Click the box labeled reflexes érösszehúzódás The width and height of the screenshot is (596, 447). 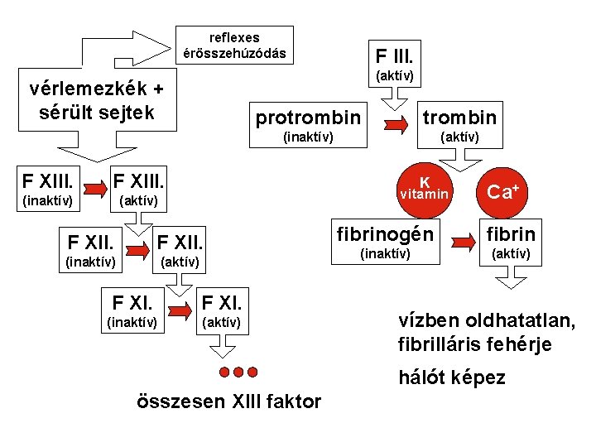pos(235,46)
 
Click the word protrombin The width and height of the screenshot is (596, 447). pos(308,118)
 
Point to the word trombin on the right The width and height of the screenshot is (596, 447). pos(459,118)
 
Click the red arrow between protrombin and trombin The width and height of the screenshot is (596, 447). pos(394,125)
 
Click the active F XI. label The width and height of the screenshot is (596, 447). pos(222,301)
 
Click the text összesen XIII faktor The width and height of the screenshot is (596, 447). pos(227,402)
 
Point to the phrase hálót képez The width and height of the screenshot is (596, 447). pos(451,377)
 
